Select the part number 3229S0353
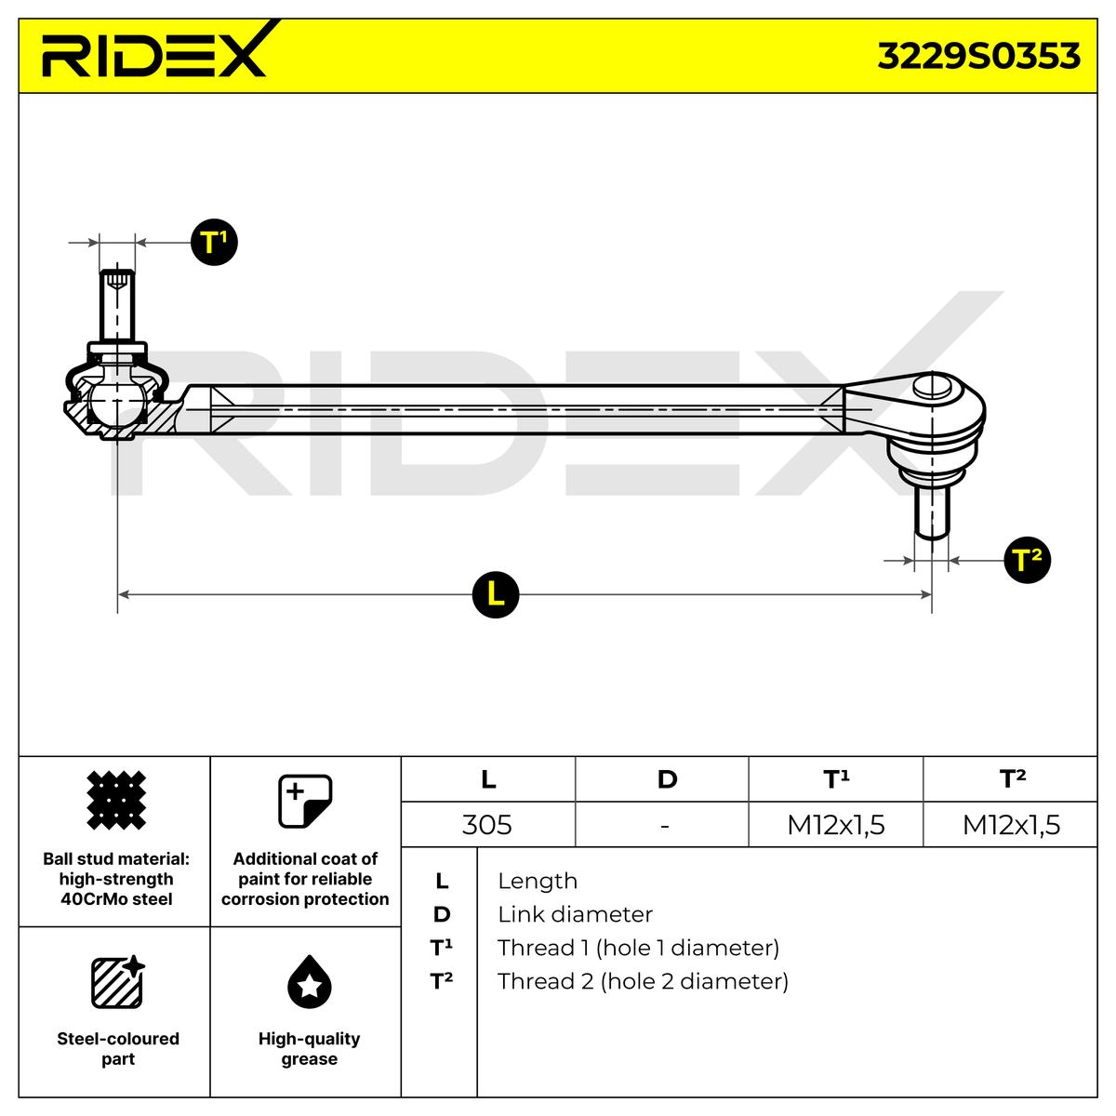click(978, 57)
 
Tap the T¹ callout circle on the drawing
click(214, 243)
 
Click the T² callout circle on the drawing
click(1028, 560)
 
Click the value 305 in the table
click(487, 825)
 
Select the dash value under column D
click(664, 825)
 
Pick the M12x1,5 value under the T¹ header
click(835, 825)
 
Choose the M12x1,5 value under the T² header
click(1011, 825)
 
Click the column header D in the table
click(667, 779)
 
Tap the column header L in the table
click(488, 779)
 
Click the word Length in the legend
click(538, 881)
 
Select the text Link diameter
click(575, 914)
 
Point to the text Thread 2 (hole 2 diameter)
click(643, 981)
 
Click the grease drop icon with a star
click(309, 982)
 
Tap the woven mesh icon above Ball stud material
click(116, 801)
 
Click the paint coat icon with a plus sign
click(306, 801)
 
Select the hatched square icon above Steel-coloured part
click(116, 982)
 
